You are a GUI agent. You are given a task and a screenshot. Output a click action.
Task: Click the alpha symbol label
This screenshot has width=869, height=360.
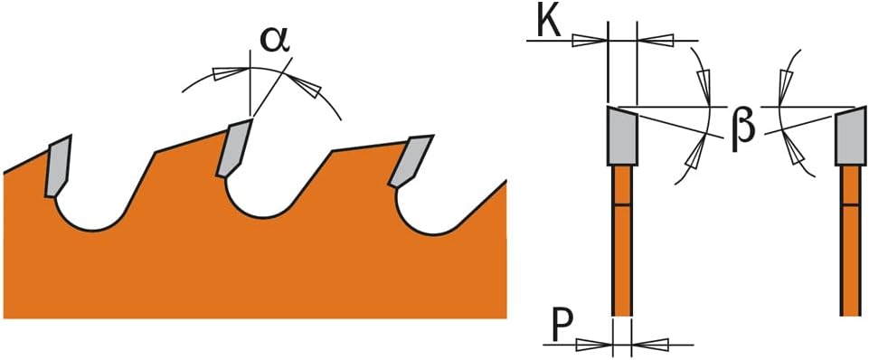(275, 42)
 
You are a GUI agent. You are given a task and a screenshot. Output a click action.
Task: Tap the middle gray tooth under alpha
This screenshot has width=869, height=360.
(234, 147)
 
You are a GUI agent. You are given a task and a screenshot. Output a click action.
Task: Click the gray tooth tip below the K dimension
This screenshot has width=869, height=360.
(622, 136)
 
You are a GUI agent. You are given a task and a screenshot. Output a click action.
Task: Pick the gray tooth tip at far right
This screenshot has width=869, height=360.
(850, 136)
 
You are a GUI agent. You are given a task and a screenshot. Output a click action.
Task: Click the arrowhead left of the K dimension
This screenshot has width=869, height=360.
(589, 41)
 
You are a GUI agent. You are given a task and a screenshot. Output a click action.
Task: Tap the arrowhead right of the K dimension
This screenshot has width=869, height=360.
(656, 40)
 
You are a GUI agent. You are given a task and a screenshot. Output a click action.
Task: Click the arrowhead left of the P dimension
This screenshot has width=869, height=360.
(594, 345)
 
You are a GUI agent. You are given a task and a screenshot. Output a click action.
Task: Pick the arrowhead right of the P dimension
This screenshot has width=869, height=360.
(650, 345)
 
